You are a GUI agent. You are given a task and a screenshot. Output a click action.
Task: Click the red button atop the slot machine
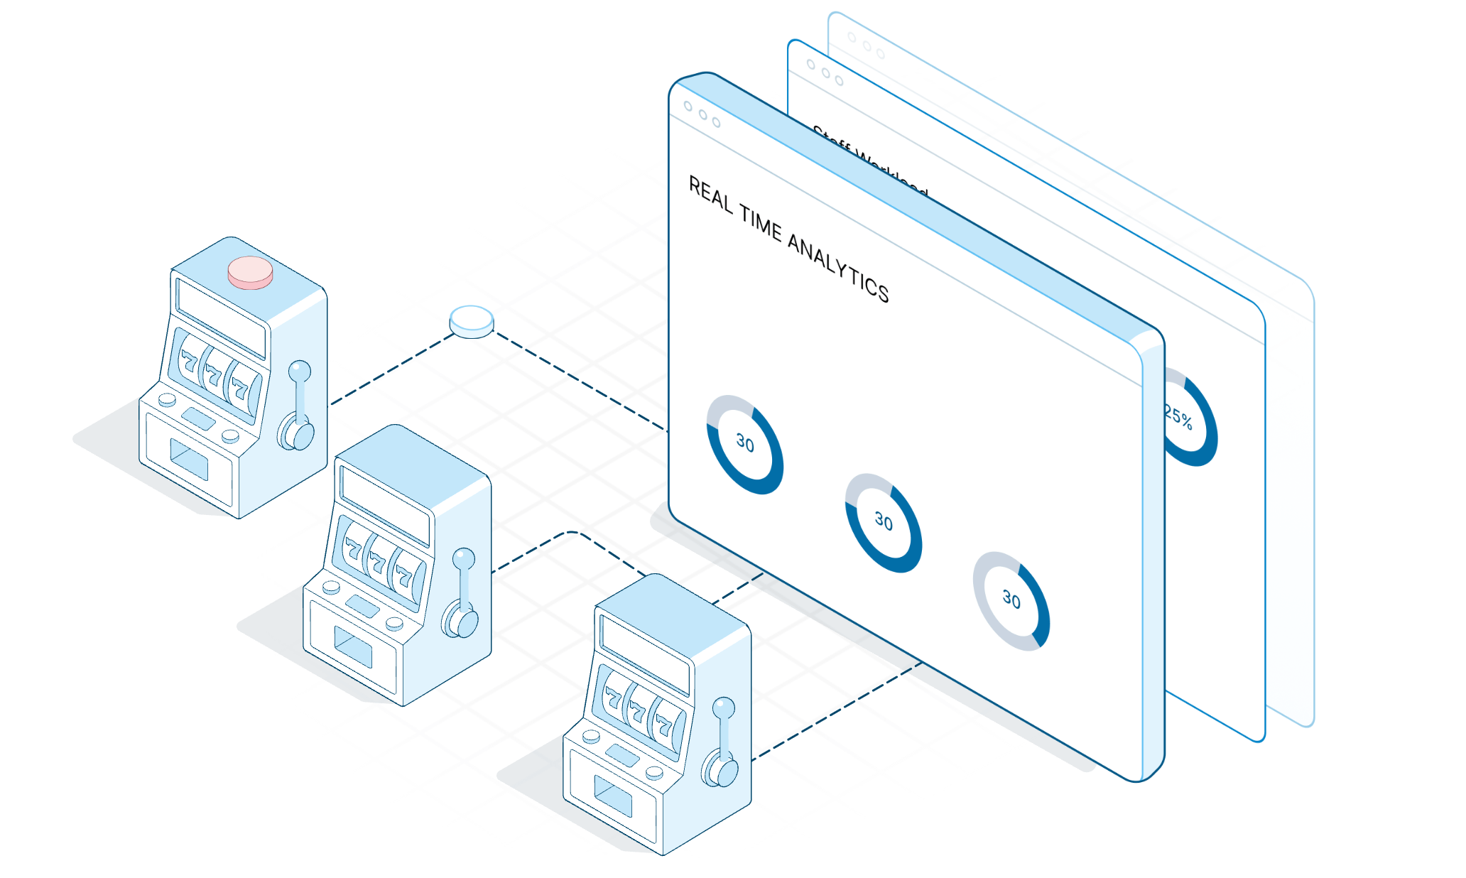(x=250, y=272)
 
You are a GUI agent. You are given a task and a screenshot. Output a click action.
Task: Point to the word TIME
(x=761, y=223)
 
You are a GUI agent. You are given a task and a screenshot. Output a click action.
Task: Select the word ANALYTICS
(x=839, y=269)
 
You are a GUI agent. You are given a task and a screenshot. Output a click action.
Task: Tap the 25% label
(x=1178, y=416)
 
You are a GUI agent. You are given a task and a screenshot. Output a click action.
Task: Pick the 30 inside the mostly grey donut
(x=1011, y=600)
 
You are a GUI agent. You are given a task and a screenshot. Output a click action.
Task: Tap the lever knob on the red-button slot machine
(x=300, y=371)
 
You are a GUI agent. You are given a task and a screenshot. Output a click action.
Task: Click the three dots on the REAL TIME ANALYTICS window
(x=702, y=114)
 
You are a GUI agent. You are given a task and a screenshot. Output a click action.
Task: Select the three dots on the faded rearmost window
(x=866, y=45)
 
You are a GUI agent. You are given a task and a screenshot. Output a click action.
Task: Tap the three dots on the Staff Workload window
(x=825, y=72)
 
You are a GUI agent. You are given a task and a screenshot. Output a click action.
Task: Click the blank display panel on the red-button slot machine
(x=221, y=317)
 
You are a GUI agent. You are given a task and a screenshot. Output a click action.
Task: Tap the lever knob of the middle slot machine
(x=464, y=558)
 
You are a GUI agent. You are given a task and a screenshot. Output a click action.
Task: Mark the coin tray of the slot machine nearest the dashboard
(x=612, y=795)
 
